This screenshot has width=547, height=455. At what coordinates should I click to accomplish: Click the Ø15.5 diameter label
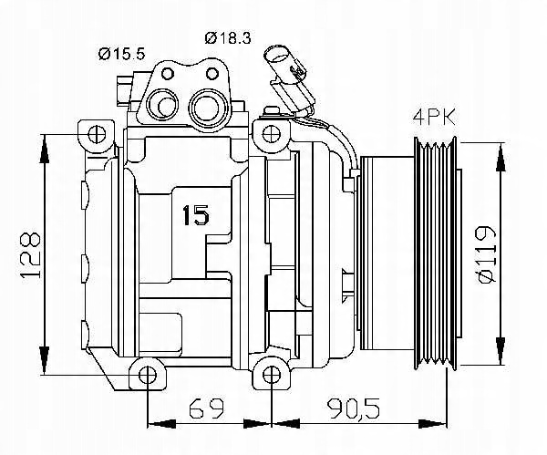121,54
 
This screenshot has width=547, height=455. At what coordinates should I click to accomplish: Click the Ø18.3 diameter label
227,37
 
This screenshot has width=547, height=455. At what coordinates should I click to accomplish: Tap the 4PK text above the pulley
434,118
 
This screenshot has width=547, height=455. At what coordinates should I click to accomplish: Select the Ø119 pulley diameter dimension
486,254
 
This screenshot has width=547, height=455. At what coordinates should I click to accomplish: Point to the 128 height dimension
31,254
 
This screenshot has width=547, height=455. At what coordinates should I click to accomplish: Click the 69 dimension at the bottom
206,408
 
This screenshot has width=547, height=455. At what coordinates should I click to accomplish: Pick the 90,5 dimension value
353,408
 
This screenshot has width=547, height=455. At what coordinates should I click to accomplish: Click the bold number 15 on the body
196,215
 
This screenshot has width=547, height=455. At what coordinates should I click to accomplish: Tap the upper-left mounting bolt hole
97,134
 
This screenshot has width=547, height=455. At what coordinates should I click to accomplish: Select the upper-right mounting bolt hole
271,134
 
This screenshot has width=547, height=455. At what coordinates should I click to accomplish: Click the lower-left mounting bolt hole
147,375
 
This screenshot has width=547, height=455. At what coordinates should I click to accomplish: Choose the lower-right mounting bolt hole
271,375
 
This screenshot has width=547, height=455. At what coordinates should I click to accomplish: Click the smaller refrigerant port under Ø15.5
163,104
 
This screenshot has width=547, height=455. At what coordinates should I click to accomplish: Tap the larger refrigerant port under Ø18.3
208,107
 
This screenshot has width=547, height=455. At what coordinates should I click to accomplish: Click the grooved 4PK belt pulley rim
435,253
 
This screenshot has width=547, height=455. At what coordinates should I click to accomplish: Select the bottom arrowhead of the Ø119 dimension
501,351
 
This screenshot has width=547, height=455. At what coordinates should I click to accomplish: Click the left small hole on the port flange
168,74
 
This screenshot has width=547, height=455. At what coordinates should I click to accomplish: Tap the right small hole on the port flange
212,74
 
